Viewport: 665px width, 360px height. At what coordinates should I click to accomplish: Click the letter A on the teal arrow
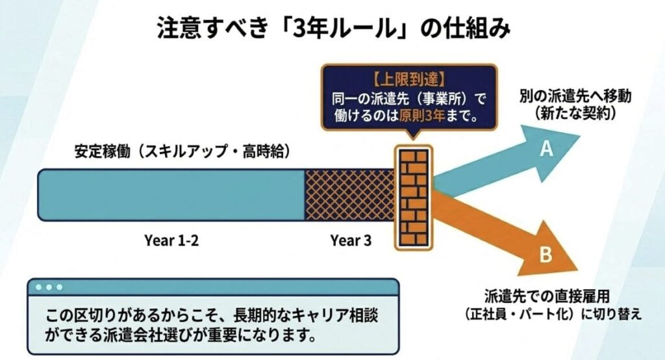(x=547, y=149)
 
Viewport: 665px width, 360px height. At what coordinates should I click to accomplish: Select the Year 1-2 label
(x=171, y=240)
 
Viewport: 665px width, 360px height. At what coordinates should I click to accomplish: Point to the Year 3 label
(x=351, y=240)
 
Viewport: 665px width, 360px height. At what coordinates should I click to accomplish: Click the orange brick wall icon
(x=414, y=198)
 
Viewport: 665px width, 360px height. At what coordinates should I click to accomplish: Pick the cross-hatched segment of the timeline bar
(x=350, y=195)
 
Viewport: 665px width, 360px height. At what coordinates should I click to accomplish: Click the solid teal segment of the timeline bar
(x=171, y=195)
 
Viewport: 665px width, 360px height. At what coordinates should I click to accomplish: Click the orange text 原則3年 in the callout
(x=421, y=116)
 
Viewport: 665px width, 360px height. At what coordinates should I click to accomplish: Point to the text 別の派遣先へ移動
(x=575, y=96)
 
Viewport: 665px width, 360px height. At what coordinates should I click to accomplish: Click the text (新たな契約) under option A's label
(x=575, y=113)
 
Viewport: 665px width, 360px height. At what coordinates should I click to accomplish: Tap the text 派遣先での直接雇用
(x=547, y=296)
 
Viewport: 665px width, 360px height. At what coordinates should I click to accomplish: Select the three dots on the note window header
(x=49, y=287)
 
